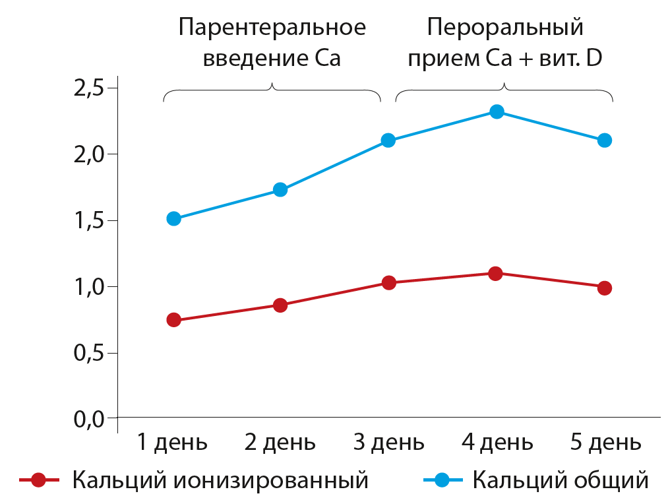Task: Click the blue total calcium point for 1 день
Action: tap(174, 218)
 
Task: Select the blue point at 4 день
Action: tap(497, 111)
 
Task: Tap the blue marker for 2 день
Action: tap(280, 190)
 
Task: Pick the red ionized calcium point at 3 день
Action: tap(388, 282)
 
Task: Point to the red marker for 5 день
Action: tap(604, 288)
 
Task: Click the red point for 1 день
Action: tap(174, 320)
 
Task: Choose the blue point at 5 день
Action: tap(604, 140)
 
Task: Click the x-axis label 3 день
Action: tap(388, 442)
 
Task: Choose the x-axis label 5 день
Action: tap(605, 442)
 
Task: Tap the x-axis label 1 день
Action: tap(172, 442)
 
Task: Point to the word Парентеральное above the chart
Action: tap(272, 28)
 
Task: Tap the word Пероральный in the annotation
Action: tap(505, 28)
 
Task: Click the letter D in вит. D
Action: tap(594, 58)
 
